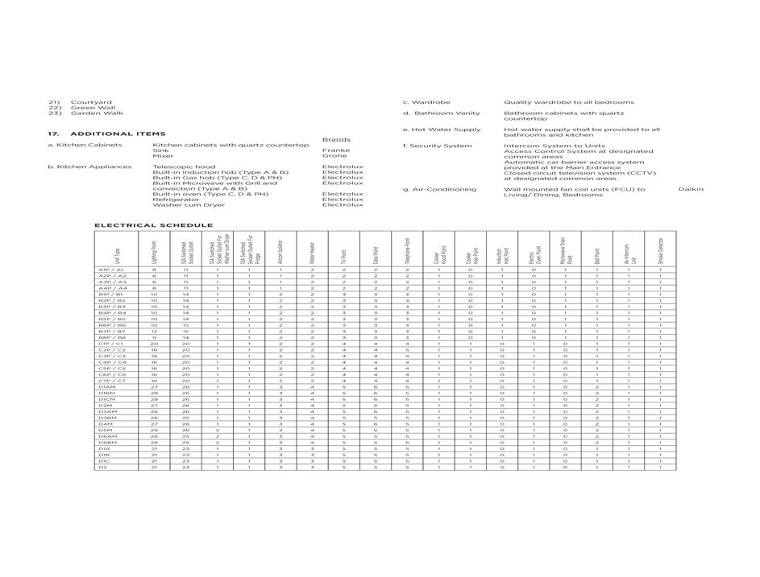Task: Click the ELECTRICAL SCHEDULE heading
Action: (153, 225)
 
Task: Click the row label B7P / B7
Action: (112, 331)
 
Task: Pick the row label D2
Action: (103, 467)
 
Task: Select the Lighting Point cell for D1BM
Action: (154, 393)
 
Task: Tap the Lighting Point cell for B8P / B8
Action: (154, 337)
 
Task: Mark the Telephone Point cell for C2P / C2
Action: (407, 349)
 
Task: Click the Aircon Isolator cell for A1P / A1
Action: (280, 270)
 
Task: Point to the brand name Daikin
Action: (691, 189)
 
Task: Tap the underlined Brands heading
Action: (336, 139)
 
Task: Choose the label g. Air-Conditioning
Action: (439, 189)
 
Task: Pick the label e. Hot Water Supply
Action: (442, 130)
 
